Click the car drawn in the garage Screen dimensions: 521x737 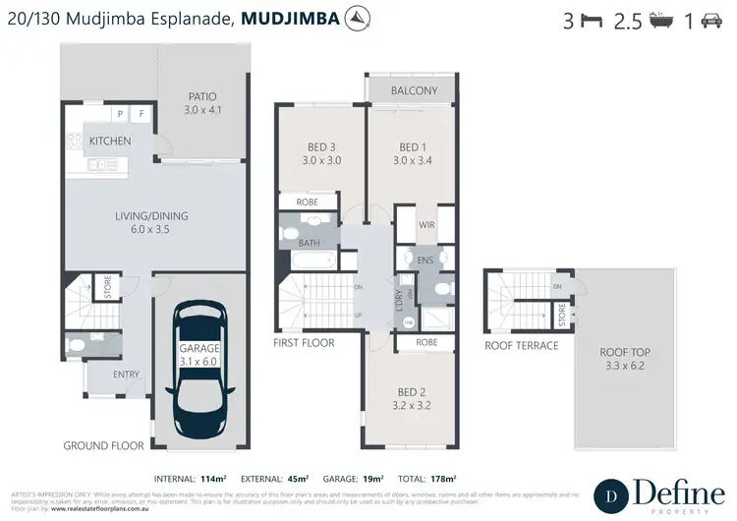(x=199, y=360)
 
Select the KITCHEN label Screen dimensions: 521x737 (x=110, y=142)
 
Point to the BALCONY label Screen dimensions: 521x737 (x=414, y=90)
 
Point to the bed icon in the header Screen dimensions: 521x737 (x=591, y=21)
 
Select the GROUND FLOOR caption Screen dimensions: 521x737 (x=103, y=445)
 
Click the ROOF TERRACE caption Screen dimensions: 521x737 (x=522, y=346)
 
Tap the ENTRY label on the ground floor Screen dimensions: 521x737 (x=127, y=375)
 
